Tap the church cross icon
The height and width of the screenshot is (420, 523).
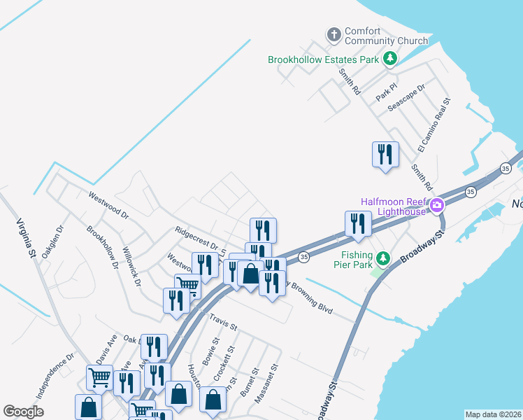[x=334, y=34]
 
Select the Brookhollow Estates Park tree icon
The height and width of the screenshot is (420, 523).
[x=390, y=59]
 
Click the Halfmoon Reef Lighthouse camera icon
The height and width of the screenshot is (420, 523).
[x=437, y=206]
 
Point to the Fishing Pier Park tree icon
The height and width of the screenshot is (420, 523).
[x=382, y=259]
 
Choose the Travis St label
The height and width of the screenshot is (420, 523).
[x=224, y=322]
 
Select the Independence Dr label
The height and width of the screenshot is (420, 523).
[x=55, y=376]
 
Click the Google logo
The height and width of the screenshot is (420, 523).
[x=23, y=412]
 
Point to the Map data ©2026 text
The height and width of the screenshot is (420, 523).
[x=493, y=414]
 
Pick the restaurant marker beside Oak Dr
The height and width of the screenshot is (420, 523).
[x=154, y=346]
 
